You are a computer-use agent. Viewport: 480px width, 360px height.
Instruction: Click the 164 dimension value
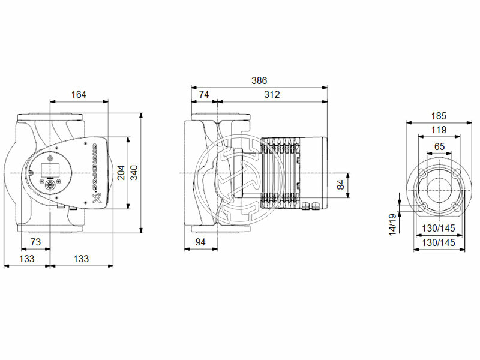[79, 94]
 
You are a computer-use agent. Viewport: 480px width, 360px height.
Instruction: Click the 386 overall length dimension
[259, 80]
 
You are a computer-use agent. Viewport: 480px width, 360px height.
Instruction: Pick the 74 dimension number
[204, 94]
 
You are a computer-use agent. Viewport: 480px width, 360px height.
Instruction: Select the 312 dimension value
[271, 94]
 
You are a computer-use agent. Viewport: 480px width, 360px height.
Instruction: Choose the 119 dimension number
[439, 130]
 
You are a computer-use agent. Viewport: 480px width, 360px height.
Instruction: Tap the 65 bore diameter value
[439, 146]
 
